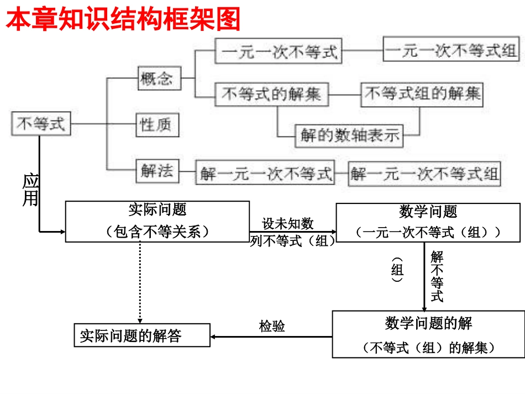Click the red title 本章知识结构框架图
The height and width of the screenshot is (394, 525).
[123, 20]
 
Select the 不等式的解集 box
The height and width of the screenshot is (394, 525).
[271, 94]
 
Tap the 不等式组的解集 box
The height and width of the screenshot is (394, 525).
[422, 94]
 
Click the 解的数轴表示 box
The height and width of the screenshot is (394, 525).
[349, 135]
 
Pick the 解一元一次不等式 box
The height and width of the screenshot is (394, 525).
[265, 174]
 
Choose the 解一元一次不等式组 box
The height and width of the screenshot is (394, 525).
[424, 174]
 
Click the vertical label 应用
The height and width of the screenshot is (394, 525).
[30, 190]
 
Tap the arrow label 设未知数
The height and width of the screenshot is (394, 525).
[288, 224]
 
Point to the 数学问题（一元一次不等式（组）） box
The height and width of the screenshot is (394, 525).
[428, 222]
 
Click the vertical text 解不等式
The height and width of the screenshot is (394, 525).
[437, 276]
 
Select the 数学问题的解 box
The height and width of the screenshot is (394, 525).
[428, 334]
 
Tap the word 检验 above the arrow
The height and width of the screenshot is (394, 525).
[272, 326]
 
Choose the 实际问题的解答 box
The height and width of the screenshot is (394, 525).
[142, 335]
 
